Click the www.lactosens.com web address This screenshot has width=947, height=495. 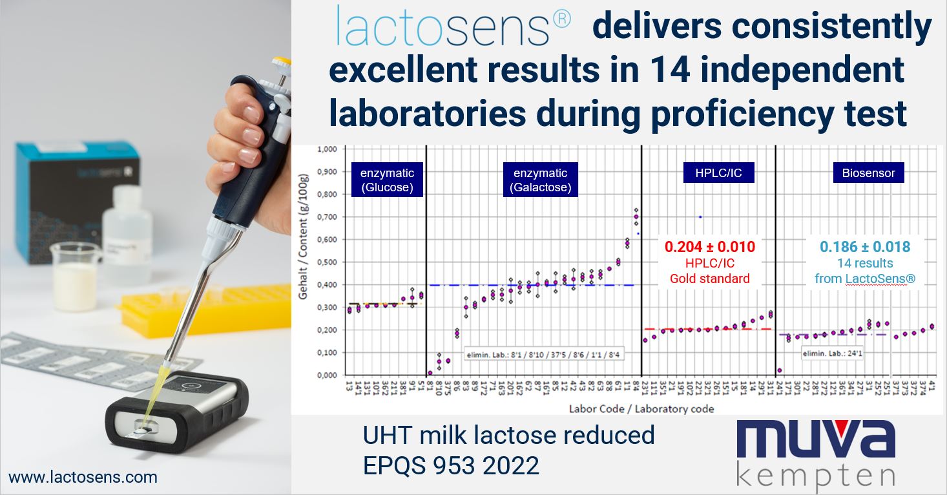tap(83, 478)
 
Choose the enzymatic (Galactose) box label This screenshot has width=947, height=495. tap(540, 179)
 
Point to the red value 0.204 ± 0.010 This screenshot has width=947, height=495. tap(710, 247)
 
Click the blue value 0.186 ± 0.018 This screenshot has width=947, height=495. tap(865, 247)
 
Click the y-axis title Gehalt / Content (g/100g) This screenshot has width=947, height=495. tap(304, 262)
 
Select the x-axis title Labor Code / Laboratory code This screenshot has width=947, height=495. tap(641, 408)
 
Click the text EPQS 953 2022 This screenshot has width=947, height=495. tap(451, 465)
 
